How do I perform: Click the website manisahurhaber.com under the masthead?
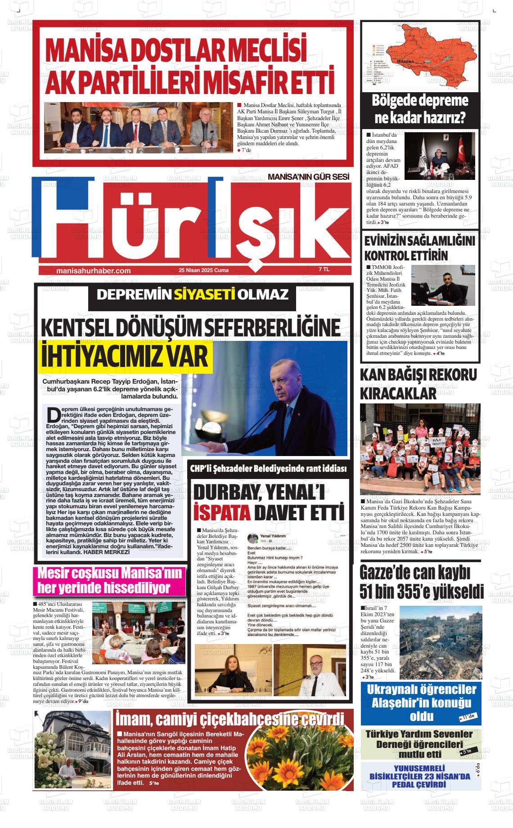[x=94, y=271]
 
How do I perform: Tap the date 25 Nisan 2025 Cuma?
[x=203, y=270]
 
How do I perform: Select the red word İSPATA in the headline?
[x=221, y=512]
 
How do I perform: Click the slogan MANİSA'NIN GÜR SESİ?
[x=308, y=177]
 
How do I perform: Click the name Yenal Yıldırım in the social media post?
[x=273, y=536]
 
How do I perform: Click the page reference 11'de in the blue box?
[x=468, y=716]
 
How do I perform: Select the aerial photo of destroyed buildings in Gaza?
[x=441, y=639]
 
